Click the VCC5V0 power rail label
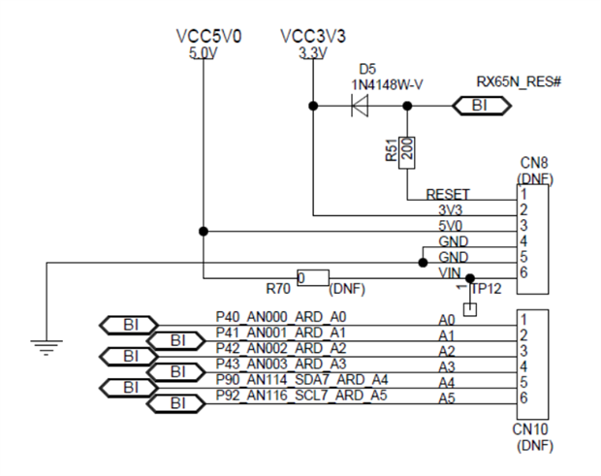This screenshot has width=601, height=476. click(x=208, y=37)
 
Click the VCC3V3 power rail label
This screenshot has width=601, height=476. click(x=312, y=37)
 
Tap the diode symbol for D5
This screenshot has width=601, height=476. click(x=361, y=105)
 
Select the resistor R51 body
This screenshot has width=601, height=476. click(x=407, y=150)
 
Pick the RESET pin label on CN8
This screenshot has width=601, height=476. click(x=448, y=195)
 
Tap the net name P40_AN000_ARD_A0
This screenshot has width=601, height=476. click(x=280, y=317)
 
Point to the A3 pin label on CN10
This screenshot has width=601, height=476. click(x=447, y=366)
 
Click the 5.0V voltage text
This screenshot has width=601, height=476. click(x=205, y=53)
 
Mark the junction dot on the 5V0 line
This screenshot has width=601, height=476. click(x=204, y=231)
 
